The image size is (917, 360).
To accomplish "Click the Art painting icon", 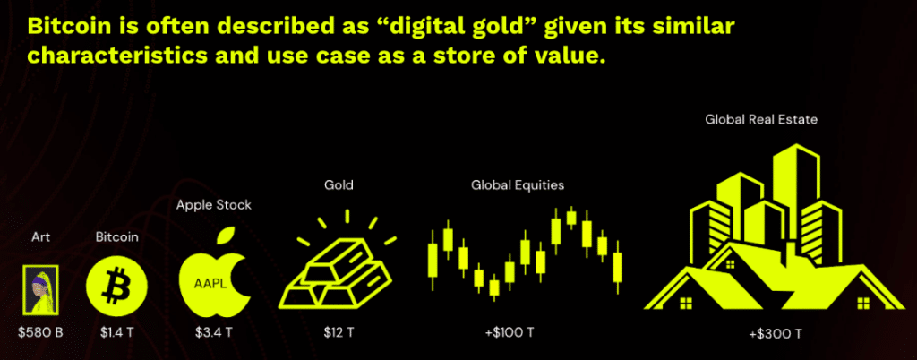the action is point(40,288).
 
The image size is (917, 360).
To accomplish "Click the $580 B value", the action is point(40,333).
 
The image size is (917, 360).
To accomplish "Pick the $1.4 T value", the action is point(117,333).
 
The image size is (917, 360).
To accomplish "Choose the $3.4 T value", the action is point(214,333).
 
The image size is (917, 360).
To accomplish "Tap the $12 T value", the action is point(339,333).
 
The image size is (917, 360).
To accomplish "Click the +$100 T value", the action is point(509,333).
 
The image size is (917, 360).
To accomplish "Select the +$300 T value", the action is point(776,335).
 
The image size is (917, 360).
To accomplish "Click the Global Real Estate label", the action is point(761,120).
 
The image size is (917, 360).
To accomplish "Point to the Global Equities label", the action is point(518,186).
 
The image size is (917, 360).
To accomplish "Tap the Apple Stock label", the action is point(214,205).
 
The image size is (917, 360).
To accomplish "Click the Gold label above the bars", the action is point(339,186).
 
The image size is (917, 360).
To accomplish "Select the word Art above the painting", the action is point(41,237).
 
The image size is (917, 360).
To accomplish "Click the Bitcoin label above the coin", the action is point(117,237).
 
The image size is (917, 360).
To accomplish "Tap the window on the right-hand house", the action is point(862,304).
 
